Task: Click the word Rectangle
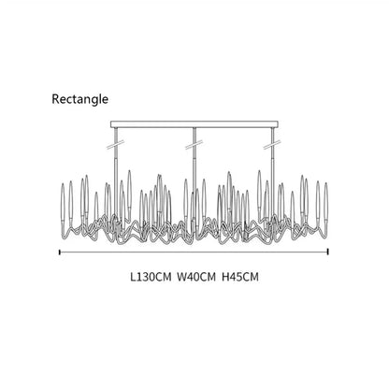coord(80,99)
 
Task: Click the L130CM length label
coord(151,277)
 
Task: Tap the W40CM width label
coord(196,277)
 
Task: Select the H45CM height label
coord(240,277)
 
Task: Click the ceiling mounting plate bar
coord(194,124)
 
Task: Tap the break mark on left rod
coord(116,145)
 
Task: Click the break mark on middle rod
coord(194,145)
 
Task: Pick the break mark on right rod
coord(272,145)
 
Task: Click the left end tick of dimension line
coord(59,252)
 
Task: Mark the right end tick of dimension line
coord(328,252)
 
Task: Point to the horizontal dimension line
coord(194,252)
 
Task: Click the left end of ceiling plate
coord(111,124)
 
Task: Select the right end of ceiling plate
coord(278,124)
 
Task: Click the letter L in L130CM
coord(134,277)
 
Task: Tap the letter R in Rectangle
coord(55,99)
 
